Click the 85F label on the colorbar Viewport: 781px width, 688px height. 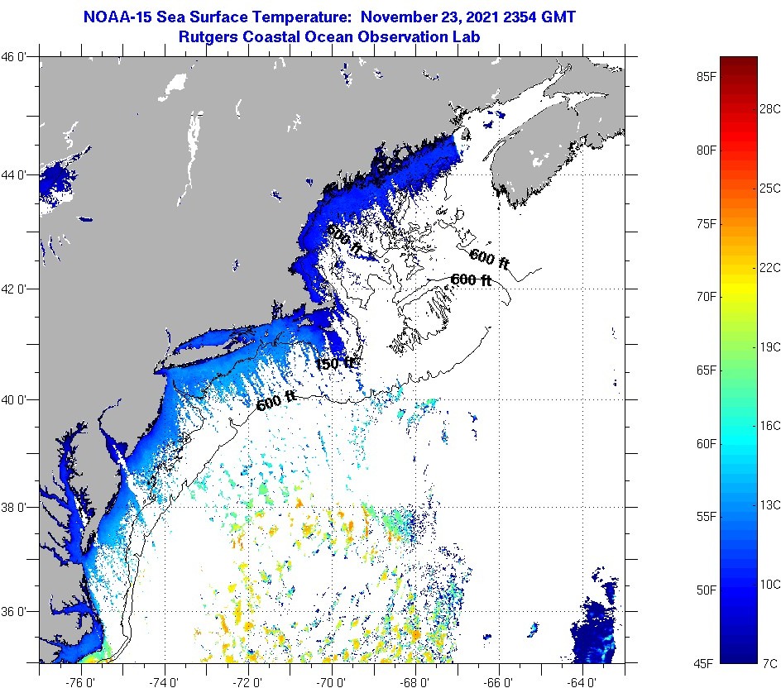[x=706, y=77]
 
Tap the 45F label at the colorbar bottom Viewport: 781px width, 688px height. [x=706, y=663]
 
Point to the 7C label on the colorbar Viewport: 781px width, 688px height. [x=769, y=663]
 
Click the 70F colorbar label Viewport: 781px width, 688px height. [x=706, y=296]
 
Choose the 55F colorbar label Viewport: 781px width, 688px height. [x=706, y=517]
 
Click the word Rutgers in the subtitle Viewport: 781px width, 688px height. [x=205, y=36]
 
